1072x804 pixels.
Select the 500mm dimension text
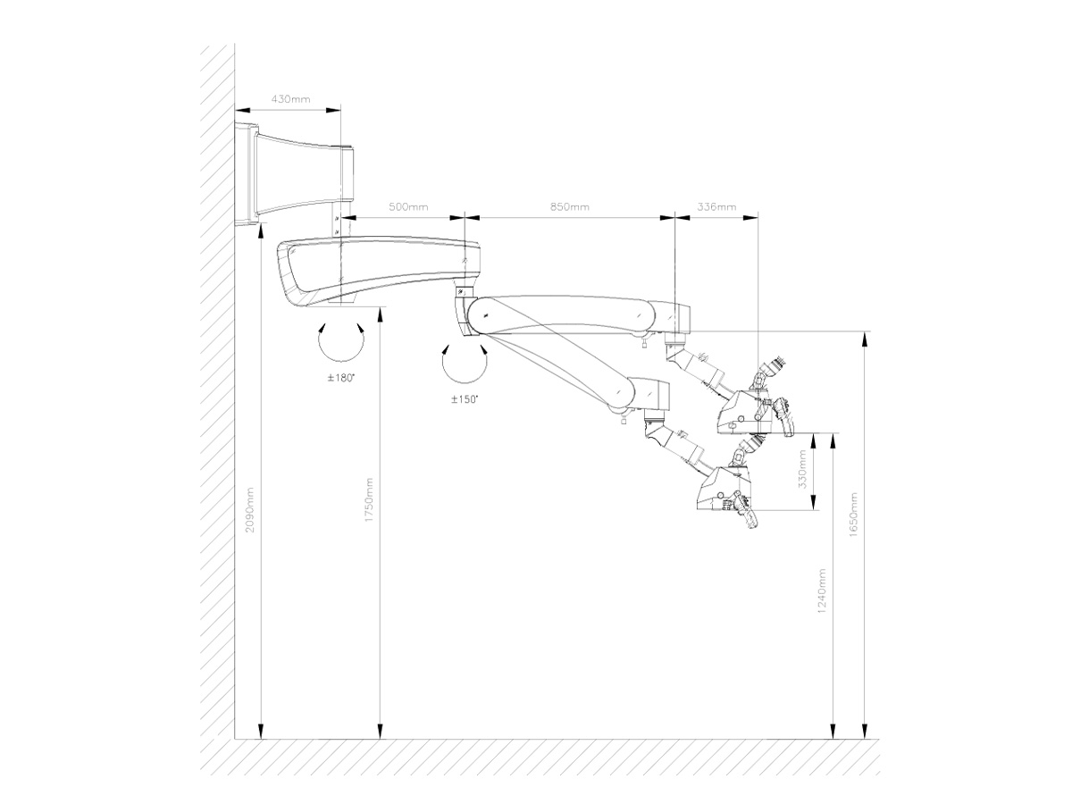point(408,207)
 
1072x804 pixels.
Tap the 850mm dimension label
point(570,207)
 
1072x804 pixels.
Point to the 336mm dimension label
point(716,207)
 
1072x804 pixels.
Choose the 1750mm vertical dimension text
point(369,500)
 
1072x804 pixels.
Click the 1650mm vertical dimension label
point(853,515)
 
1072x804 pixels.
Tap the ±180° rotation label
point(340,378)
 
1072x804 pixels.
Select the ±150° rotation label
point(465,399)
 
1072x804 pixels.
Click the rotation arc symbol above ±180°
point(341,342)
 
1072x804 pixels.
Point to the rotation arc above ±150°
point(465,364)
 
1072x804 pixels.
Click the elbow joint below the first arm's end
point(464,312)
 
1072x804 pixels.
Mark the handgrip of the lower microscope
point(746,512)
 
